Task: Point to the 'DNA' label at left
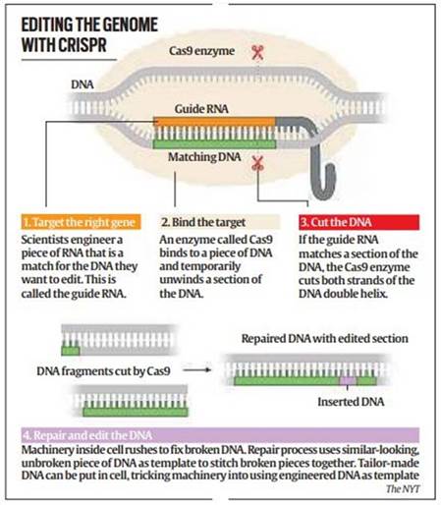83,85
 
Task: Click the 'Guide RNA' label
202,110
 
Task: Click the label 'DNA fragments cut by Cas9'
104,372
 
